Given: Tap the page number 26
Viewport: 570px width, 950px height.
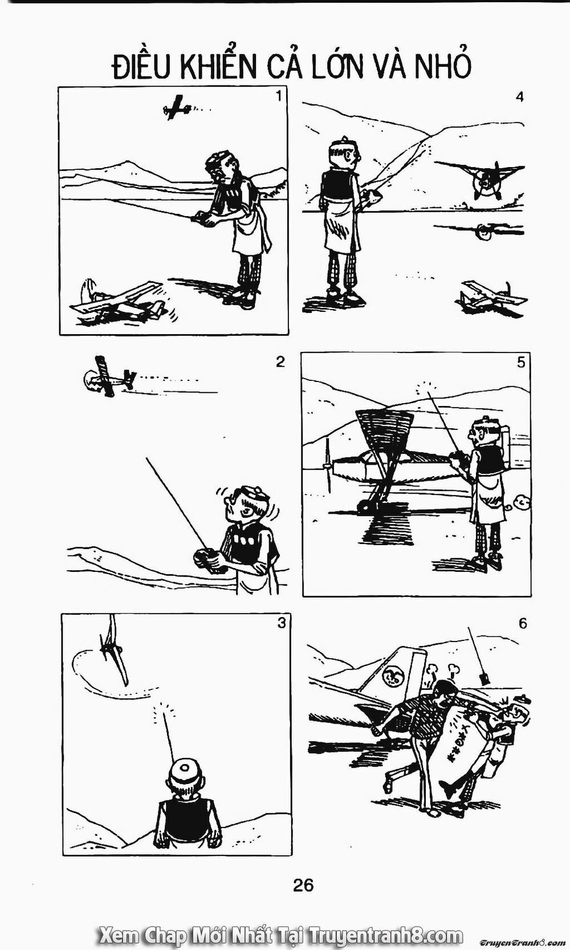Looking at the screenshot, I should [x=303, y=885].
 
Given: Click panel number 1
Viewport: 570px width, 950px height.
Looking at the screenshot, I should [x=278, y=96].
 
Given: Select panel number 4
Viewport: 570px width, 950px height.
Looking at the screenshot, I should [x=519, y=97].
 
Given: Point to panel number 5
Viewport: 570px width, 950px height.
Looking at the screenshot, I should [x=521, y=362].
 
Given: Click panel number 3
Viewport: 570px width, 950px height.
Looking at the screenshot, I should [x=281, y=623].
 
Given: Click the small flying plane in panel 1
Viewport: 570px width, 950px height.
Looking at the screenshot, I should [x=176, y=107].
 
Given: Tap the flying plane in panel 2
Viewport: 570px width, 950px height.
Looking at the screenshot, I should [x=108, y=376].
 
